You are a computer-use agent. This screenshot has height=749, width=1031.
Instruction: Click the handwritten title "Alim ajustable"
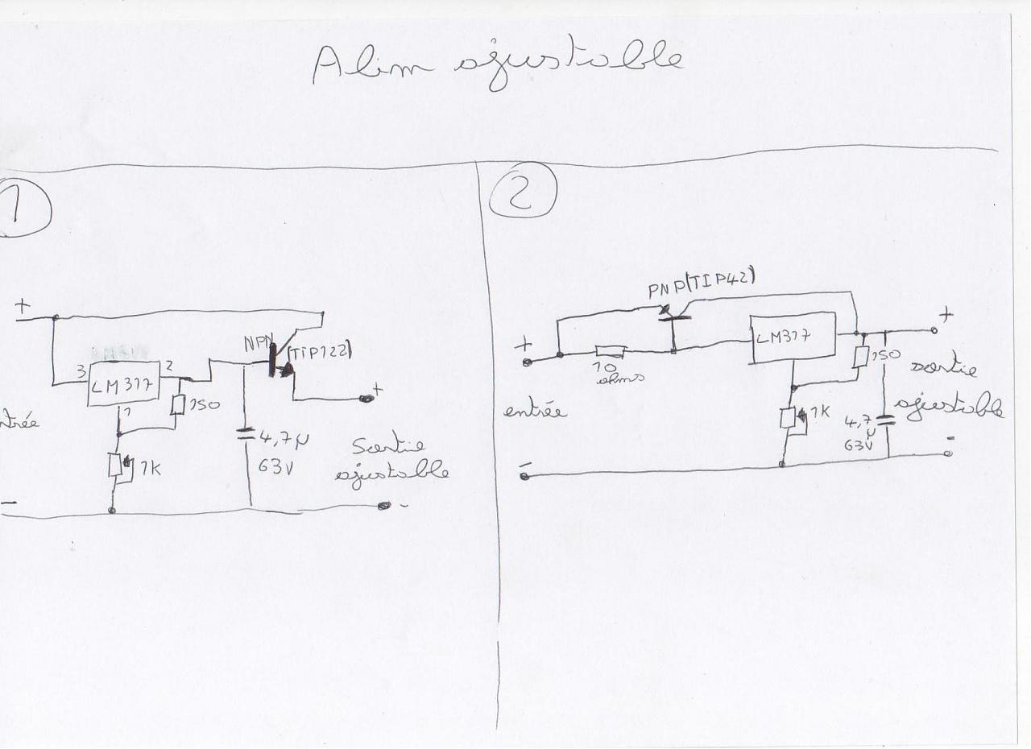coord(498,64)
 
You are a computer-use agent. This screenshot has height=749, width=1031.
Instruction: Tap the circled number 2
coord(522,191)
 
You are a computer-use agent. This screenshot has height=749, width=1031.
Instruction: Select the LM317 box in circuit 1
coord(123,384)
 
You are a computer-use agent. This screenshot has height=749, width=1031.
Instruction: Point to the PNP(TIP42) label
coord(701,284)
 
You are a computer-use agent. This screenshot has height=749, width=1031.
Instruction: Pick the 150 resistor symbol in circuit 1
coord(178,405)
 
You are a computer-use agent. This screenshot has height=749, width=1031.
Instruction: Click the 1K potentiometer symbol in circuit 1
coord(116,466)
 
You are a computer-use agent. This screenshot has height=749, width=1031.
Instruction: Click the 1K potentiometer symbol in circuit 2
coord(789,419)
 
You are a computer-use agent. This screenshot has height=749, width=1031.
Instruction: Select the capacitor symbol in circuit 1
coord(246,435)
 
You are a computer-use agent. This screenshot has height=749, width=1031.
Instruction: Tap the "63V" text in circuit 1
coord(275,466)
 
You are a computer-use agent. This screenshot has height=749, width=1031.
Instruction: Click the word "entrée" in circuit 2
coord(535,412)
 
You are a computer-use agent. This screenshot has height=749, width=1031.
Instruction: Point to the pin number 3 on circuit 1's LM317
coord(81,373)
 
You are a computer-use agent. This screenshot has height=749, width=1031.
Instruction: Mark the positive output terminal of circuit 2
coord(934,330)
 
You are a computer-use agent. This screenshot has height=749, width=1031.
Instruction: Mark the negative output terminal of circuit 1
coord(384,506)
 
